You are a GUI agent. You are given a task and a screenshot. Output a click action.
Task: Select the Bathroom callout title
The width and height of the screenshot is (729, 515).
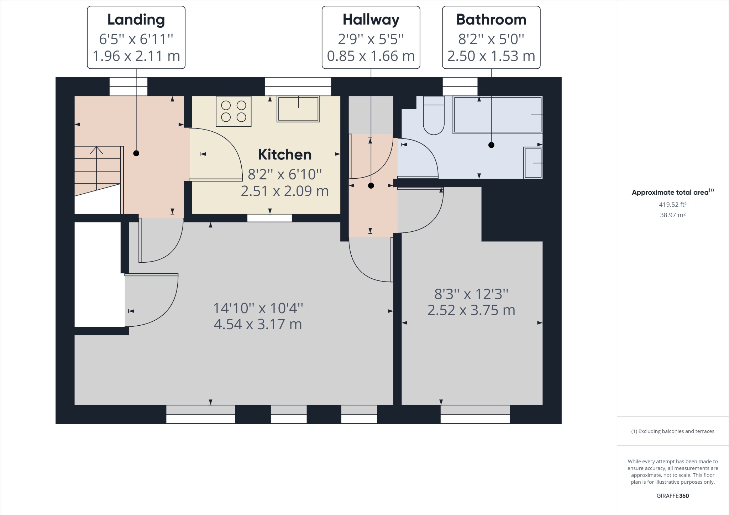(x=491, y=20)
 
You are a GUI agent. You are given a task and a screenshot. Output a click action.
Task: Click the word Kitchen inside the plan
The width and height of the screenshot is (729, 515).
(x=285, y=155)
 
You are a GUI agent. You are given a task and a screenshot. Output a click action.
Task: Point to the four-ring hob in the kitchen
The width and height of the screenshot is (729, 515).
(x=234, y=111)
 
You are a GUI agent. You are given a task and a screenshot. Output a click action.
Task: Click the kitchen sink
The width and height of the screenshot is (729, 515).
(x=298, y=109)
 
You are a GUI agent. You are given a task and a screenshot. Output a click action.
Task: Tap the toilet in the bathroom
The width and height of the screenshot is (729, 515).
(x=434, y=115)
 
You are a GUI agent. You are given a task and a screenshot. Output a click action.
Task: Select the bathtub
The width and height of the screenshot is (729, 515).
(x=498, y=115)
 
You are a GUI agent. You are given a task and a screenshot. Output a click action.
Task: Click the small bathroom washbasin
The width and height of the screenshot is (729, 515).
(x=533, y=163)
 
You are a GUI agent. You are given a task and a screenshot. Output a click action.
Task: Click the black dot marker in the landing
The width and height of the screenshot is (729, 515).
(x=136, y=153)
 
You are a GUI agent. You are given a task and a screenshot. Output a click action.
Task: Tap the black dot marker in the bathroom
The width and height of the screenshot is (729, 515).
(x=491, y=145)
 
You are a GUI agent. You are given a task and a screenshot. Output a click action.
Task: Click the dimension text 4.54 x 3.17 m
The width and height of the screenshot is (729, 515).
(x=258, y=325)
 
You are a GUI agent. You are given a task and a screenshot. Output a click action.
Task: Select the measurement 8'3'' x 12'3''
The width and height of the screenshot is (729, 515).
(x=471, y=294)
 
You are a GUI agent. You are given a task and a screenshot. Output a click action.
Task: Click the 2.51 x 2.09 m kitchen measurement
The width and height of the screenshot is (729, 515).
(x=285, y=191)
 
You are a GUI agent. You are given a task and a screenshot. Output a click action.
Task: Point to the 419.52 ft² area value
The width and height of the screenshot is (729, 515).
(x=673, y=205)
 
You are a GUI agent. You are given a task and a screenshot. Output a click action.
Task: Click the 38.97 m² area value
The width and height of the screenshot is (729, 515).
(x=673, y=215)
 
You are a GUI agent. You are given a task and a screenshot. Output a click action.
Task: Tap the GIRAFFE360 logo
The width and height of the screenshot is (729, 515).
(x=673, y=496)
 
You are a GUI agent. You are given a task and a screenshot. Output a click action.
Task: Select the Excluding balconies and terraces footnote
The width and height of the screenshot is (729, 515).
(x=673, y=431)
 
